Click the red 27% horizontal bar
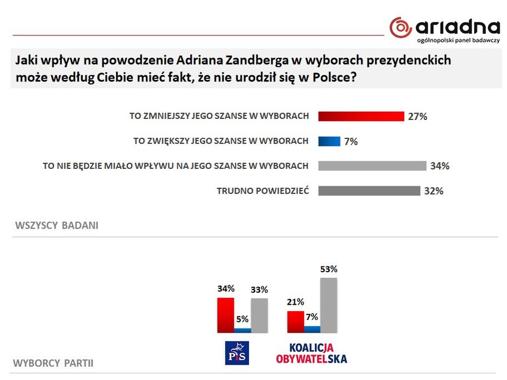[361, 116]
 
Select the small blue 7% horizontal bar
[329, 141]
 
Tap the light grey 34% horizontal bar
[372, 166]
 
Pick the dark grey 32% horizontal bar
[369, 191]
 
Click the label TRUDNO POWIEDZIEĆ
[262, 191]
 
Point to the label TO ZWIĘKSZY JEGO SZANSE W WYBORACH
[221, 141]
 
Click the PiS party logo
[237, 353]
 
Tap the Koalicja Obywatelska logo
[311, 353]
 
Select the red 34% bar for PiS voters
[225, 315]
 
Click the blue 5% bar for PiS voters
[242, 330]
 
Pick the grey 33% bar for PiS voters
[259, 315]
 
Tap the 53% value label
[329, 269]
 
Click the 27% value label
[417, 117]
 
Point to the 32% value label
[434, 191]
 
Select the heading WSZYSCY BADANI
[57, 226]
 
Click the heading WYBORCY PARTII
[53, 364]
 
